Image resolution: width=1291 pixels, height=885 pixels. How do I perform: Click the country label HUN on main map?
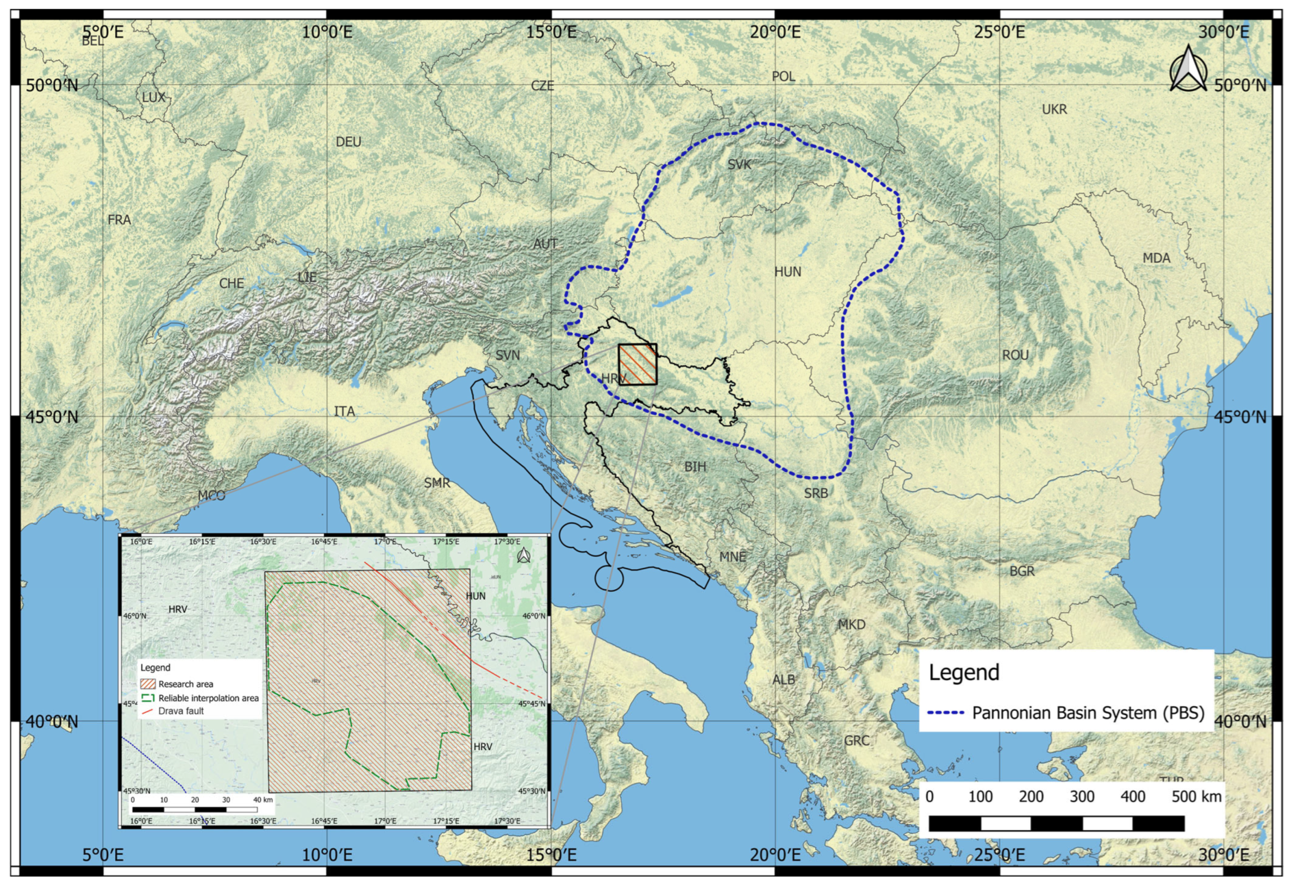pyautogui.click(x=788, y=272)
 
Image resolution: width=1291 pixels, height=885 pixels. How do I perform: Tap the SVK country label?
pyautogui.click(x=739, y=165)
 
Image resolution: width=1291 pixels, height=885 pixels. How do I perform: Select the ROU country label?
pyautogui.click(x=1015, y=355)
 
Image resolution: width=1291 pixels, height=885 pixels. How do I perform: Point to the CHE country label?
pyautogui.click(x=231, y=283)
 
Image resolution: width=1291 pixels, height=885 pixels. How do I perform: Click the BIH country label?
pyautogui.click(x=695, y=466)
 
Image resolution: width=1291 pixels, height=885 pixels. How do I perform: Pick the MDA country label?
pyautogui.click(x=1156, y=258)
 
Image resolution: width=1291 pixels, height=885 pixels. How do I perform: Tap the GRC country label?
pyautogui.click(x=857, y=740)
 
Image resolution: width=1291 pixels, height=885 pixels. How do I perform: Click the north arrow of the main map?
pyautogui.click(x=1188, y=69)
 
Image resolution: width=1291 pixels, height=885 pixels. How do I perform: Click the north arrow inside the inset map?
pyautogui.click(x=523, y=555)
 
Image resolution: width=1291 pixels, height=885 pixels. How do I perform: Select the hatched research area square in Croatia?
pyautogui.click(x=638, y=364)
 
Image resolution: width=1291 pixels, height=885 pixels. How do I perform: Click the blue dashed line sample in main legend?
pyautogui.click(x=945, y=713)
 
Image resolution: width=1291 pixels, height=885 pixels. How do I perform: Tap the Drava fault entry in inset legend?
pyautogui.click(x=180, y=711)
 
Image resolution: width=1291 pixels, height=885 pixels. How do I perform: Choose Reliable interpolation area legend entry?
pyautogui.click(x=208, y=698)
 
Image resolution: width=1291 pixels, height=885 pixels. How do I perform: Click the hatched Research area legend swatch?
pyautogui.click(x=148, y=684)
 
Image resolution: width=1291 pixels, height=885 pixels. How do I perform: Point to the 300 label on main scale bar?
pyautogui.click(x=1082, y=797)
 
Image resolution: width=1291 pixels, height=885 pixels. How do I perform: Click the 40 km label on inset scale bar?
pyautogui.click(x=263, y=800)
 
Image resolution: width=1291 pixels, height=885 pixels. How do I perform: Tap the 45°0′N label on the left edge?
pyautogui.click(x=53, y=416)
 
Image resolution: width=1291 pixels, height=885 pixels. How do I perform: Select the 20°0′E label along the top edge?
pyautogui.click(x=776, y=32)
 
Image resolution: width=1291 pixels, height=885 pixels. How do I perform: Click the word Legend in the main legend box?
pyautogui.click(x=964, y=672)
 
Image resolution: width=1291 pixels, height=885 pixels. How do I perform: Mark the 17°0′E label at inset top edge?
pyautogui.click(x=385, y=541)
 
